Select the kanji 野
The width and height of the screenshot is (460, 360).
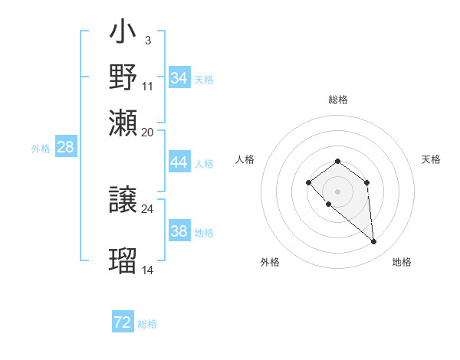pos(123,77)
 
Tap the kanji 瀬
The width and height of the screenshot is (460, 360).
pos(123,122)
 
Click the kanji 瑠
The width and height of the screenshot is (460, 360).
pos(123,260)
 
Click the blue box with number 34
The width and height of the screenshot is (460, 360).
pos(179,78)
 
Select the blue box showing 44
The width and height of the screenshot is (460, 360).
pos(179,162)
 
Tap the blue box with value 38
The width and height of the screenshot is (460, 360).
pos(179,231)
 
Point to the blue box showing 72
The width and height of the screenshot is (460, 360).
pos(123,322)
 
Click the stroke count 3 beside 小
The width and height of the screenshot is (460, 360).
pos(147,39)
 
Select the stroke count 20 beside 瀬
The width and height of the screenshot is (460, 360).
pos(147,132)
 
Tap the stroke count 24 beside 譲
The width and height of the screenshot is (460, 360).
pos(147,208)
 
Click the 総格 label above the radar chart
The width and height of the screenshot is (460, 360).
pos(337,100)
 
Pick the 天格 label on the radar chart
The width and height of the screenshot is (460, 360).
pos(431,159)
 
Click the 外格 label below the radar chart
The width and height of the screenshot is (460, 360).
pos(270,262)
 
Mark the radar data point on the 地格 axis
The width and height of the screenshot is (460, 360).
pos(374,242)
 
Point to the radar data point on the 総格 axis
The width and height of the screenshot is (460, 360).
pos(337,161)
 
